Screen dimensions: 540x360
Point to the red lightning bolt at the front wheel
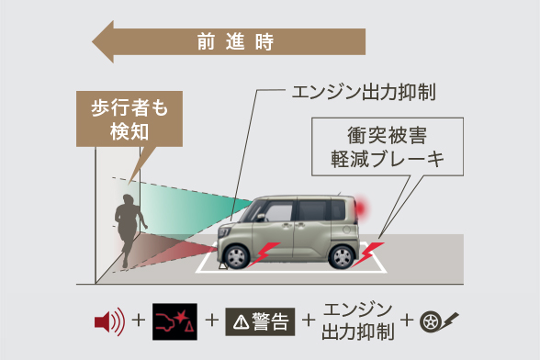[264, 253]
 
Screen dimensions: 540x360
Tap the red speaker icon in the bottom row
[108, 321]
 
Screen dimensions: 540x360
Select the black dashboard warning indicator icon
[174, 321]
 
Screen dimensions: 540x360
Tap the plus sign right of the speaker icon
[139, 321]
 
